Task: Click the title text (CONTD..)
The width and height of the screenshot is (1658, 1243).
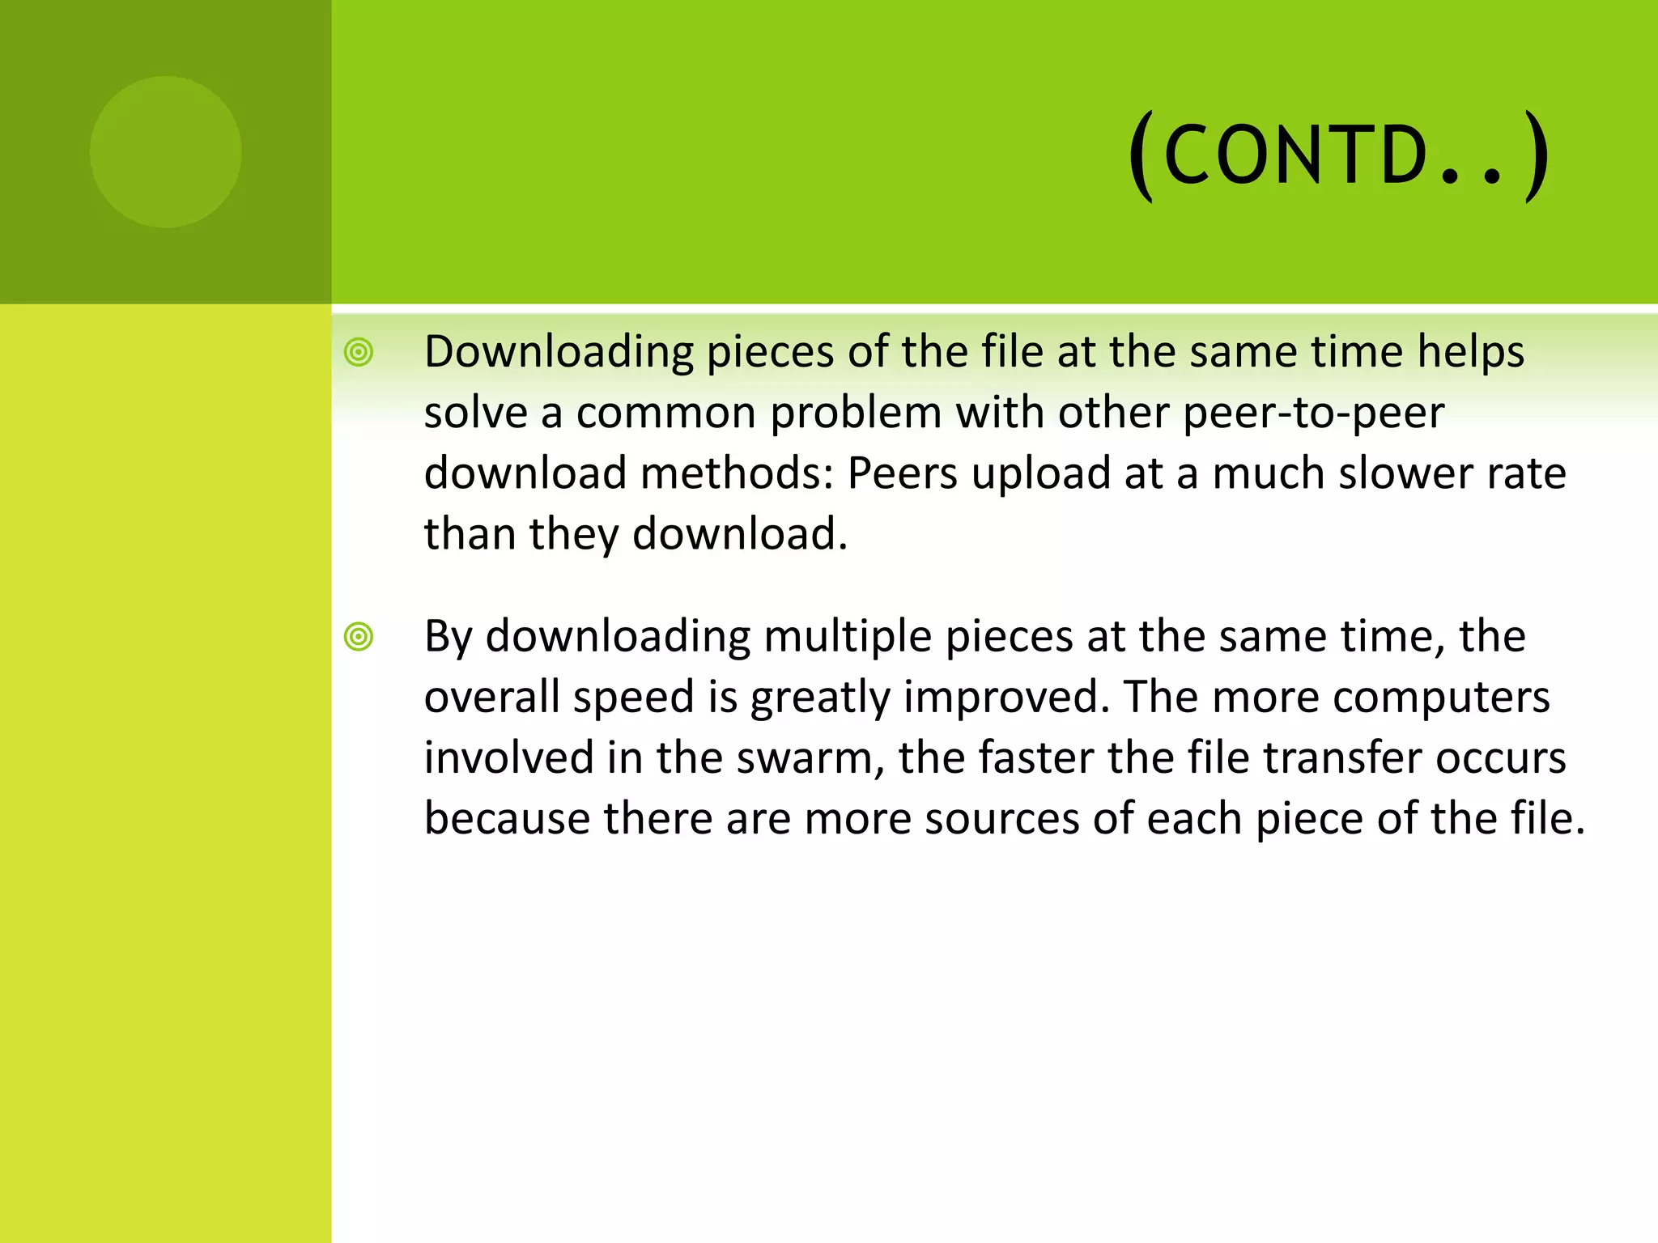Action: coord(1339,155)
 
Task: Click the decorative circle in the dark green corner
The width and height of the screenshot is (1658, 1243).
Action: coord(166,152)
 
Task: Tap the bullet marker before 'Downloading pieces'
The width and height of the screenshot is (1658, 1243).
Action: coord(359,353)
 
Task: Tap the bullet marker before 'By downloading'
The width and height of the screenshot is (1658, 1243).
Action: coord(359,637)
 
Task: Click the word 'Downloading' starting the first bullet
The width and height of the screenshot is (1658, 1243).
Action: coord(559,353)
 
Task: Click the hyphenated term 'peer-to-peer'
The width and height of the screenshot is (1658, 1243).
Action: coord(1313,414)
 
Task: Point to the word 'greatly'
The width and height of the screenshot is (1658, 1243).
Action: coord(819,698)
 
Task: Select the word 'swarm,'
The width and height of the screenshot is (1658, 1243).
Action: coord(810,759)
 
